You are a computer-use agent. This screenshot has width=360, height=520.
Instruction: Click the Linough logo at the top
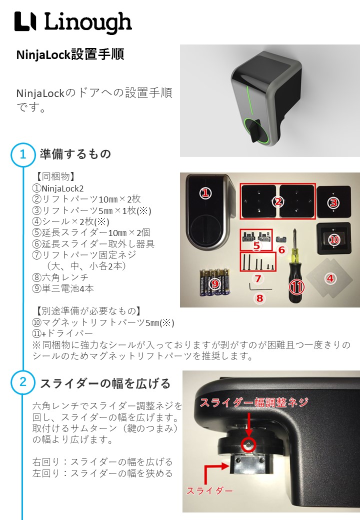coord(73,22)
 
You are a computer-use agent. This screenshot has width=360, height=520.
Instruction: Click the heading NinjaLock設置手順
coord(70,54)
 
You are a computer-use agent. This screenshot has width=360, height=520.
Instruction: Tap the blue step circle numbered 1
coord(23,154)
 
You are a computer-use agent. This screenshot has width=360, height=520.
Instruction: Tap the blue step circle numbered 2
coord(23,382)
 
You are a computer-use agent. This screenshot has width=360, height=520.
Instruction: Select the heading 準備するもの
coord(75,154)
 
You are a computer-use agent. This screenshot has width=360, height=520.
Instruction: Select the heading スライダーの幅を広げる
coord(105,383)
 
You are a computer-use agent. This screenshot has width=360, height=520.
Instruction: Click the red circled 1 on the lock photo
coord(205,193)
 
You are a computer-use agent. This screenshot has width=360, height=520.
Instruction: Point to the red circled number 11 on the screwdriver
coord(296,287)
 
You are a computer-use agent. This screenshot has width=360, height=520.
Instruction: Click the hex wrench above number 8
coord(260,286)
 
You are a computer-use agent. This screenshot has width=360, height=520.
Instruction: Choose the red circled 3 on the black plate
coord(333,202)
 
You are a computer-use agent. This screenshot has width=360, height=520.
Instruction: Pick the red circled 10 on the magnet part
coord(334,239)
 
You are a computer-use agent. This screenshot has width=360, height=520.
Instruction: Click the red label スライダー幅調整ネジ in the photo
coord(254,402)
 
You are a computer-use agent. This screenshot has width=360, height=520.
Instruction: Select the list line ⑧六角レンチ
coord(60,277)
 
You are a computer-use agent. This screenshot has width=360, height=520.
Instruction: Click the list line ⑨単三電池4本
coord(63,288)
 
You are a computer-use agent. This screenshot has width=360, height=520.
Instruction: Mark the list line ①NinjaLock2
coord(57,188)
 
